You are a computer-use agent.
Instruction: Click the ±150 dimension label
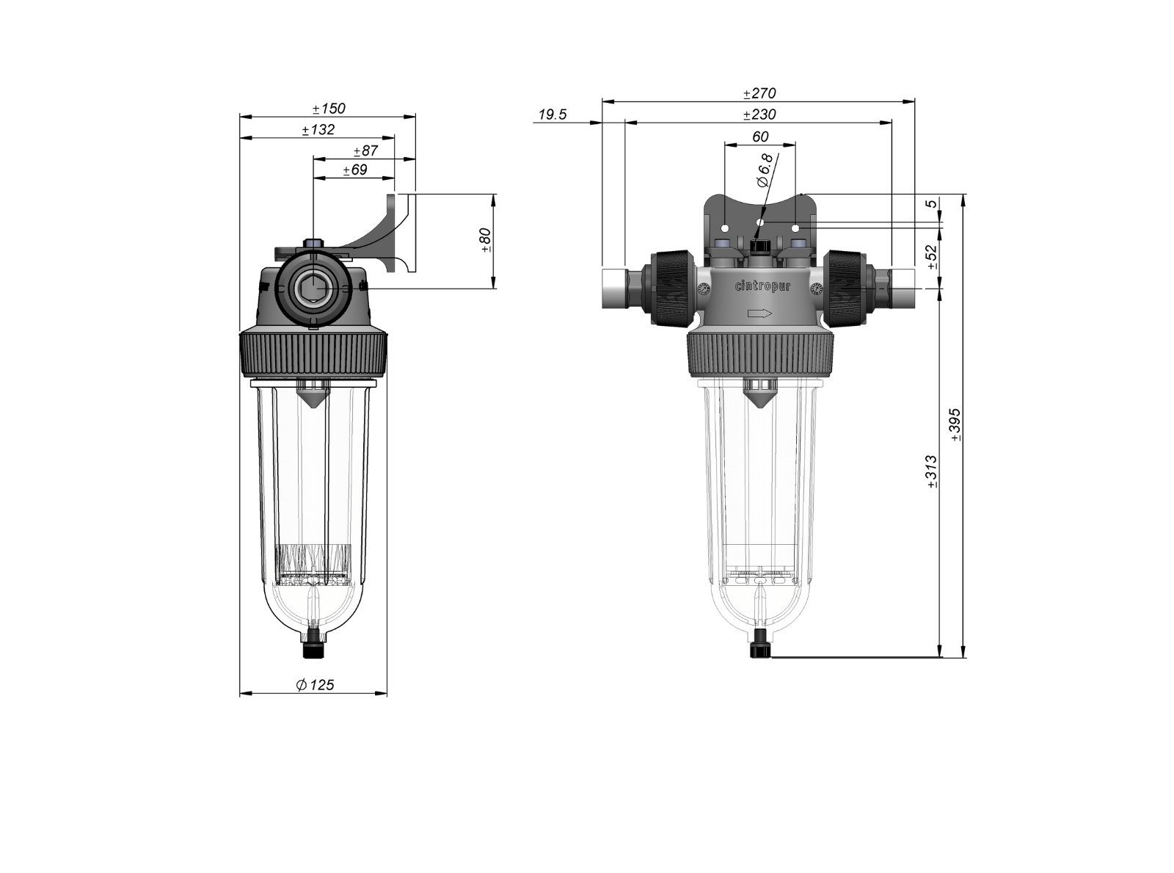329,109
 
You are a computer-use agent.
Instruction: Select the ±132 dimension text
318,130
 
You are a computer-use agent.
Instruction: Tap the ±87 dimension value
365,151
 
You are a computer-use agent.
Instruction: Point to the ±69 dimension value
355,170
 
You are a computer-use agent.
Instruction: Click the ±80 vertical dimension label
484,240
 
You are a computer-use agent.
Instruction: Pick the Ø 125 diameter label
315,684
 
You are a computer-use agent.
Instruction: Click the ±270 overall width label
759,93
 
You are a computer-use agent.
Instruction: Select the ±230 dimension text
759,115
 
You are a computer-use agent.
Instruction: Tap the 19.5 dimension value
553,115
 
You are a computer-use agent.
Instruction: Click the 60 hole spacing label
760,137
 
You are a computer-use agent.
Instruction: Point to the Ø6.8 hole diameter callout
764,170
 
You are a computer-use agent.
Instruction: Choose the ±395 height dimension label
955,424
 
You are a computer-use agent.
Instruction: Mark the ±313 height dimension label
931,471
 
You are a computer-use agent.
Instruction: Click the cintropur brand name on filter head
763,287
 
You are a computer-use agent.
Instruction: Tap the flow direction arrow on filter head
759,314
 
